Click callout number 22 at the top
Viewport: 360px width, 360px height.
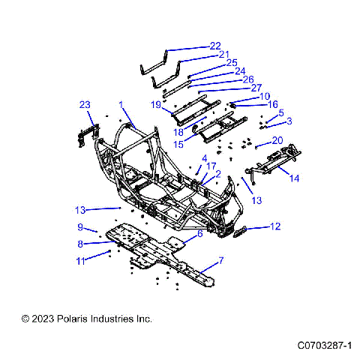coord(215,46)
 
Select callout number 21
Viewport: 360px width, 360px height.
coord(223,55)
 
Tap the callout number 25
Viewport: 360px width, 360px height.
coord(231,63)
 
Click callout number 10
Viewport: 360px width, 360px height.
coord(265,97)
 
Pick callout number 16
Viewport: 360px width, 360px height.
coord(274,105)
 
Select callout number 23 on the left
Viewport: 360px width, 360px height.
coord(85,104)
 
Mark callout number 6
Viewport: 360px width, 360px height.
coord(199,234)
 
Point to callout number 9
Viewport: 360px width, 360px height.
coord(79,227)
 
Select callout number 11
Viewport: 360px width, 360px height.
coord(80,260)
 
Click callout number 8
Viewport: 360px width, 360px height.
coord(80,244)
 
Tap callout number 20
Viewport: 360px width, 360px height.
coord(277,140)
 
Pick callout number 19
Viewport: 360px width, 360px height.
coord(156,106)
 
